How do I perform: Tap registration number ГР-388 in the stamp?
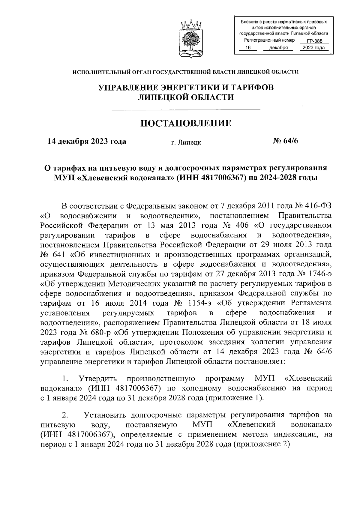[314, 42]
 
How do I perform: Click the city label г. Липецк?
[186, 142]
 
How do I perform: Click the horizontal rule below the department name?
[186, 110]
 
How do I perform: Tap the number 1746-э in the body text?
[319, 274]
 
